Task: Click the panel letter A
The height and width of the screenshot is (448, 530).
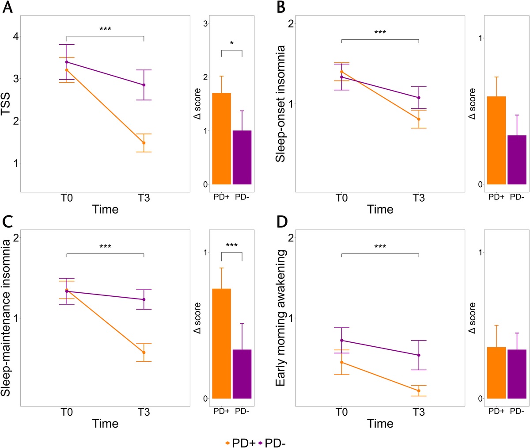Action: pos(8,8)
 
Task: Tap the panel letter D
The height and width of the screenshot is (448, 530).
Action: pos(283,222)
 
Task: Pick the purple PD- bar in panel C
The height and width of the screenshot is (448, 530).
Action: pos(242,374)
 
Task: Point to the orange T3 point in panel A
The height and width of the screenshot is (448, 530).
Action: pos(144,143)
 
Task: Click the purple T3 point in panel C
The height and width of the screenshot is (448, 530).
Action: pos(144,299)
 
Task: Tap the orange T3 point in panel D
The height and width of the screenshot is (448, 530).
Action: pos(419,391)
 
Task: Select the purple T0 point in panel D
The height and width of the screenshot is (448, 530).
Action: pos(341,341)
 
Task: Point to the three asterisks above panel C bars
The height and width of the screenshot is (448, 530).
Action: pos(232,246)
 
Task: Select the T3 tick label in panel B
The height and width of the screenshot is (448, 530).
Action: pos(419,197)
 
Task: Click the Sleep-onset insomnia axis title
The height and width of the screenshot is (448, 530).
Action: pos(281,103)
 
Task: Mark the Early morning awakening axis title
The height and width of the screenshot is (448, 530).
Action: pos(281,318)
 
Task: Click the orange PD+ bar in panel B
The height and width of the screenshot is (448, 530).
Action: pos(496,140)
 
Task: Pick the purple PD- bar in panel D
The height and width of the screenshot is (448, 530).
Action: pos(517,374)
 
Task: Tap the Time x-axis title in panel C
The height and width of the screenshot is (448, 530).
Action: pos(105,424)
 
